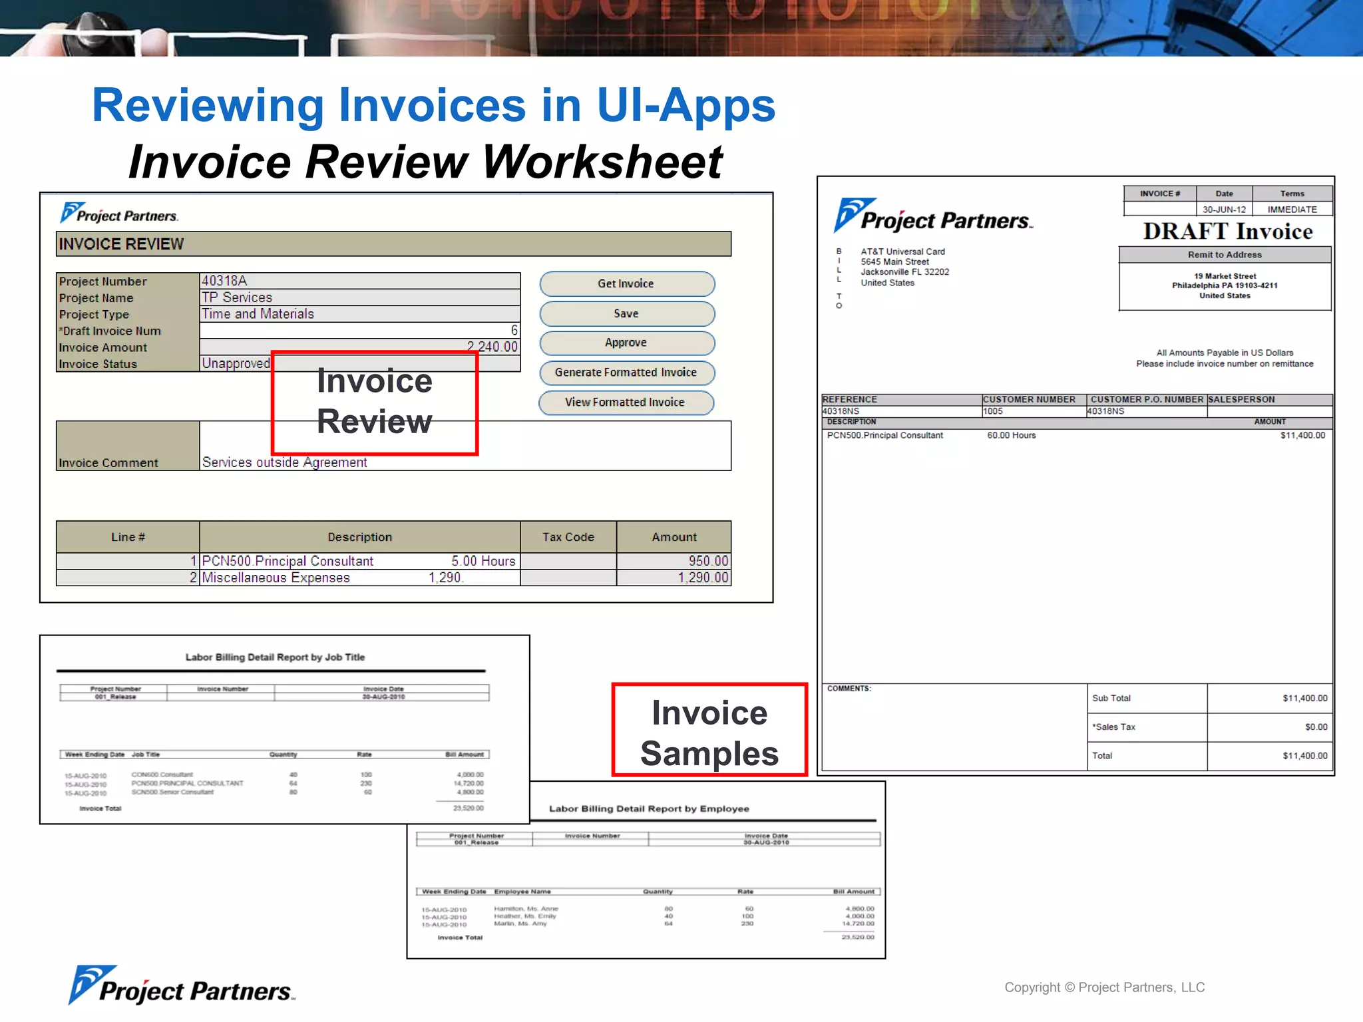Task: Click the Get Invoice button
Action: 626,284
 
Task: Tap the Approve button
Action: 626,343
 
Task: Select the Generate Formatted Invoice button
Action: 626,373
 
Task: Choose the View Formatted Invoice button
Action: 625,403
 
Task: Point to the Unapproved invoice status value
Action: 236,363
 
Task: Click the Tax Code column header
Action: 568,537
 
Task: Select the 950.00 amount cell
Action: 707,561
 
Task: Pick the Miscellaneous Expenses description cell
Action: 276,578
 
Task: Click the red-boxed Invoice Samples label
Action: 709,733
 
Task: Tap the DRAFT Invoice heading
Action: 1228,232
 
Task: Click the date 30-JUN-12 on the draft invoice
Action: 1224,210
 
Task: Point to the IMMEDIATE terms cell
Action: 1292,210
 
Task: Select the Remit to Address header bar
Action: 1225,255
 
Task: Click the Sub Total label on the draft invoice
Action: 1111,698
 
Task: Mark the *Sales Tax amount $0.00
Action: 1316,727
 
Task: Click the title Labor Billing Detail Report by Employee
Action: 649,809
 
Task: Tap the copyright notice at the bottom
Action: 1104,987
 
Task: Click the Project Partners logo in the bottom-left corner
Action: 181,987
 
